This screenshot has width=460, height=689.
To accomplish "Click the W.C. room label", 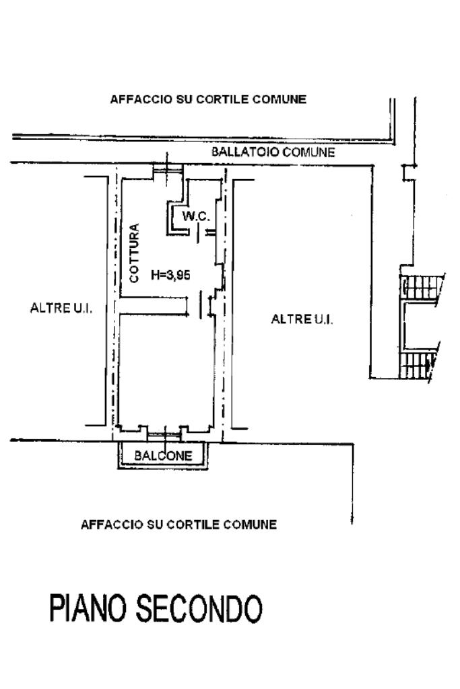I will point(197,216).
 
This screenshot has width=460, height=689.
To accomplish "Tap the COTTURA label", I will point(134,253).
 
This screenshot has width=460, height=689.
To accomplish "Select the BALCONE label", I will point(164,456).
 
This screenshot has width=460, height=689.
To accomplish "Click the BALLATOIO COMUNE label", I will point(273,152).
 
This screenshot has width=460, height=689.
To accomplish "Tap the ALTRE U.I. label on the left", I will point(61,308).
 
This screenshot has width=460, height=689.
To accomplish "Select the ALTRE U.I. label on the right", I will point(302,319).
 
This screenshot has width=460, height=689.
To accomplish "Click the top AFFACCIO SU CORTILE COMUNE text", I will point(208,99).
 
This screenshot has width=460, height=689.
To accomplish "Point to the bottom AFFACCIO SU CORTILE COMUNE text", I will point(178,524).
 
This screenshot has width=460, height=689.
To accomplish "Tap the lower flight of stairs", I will point(418,365).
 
